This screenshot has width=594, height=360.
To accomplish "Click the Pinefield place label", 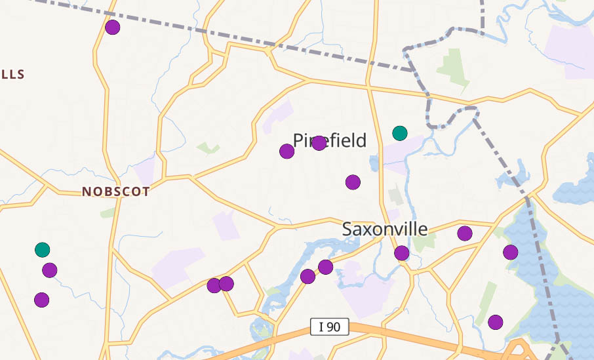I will pyautogui.click(x=330, y=140).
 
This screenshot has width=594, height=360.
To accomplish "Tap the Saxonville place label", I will pyautogui.click(x=385, y=229).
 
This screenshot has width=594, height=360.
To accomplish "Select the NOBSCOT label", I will pyautogui.click(x=116, y=192).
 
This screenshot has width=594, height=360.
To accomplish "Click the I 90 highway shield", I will pyautogui.click(x=329, y=326).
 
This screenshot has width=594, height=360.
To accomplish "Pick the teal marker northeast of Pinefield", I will pyautogui.click(x=400, y=133).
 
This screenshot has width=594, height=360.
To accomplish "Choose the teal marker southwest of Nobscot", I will pyautogui.click(x=42, y=249).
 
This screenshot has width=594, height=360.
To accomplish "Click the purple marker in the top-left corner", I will pyautogui.click(x=113, y=27).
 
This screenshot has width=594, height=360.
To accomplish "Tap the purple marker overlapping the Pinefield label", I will pyautogui.click(x=319, y=143).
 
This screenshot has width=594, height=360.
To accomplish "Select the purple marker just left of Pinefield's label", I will pyautogui.click(x=287, y=151).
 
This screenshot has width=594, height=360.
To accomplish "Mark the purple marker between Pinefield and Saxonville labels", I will pyautogui.click(x=353, y=182).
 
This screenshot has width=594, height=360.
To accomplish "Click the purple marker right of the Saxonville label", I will pyautogui.click(x=465, y=233).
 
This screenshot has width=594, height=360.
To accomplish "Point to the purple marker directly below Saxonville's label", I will pyautogui.click(x=402, y=253).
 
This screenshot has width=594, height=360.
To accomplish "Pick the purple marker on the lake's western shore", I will pyautogui.click(x=511, y=252).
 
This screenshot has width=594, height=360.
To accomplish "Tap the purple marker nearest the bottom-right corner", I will pyautogui.click(x=496, y=322).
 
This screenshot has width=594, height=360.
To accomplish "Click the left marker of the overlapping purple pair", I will pyautogui.click(x=214, y=285).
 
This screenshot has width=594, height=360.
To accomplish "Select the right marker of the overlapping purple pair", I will pyautogui.click(x=226, y=283).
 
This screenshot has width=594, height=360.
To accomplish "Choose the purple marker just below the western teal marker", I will pyautogui.click(x=50, y=270).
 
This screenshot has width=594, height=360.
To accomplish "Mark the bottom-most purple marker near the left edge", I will pyautogui.click(x=42, y=300).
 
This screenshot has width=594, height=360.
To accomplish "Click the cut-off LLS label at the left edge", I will pyautogui.click(x=12, y=74).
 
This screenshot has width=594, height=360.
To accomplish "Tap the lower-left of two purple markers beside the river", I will pyautogui.click(x=307, y=277).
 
